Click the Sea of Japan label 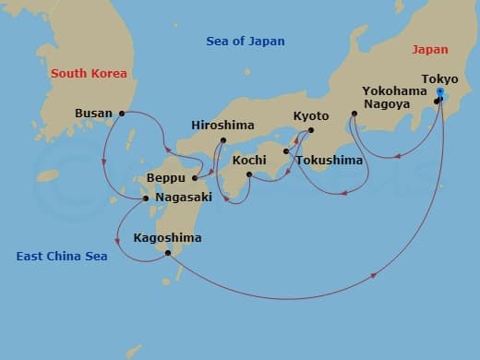(245, 41)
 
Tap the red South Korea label (89, 73)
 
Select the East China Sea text (61, 256)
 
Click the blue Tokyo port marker (440, 94)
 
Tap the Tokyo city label (438, 78)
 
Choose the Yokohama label (394, 91)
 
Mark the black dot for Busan (122, 114)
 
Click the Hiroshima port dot (222, 141)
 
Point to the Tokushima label (330, 160)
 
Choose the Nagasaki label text (185, 197)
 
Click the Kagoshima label (166, 238)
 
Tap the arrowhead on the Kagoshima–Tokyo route (376, 274)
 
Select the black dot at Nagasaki (145, 198)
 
